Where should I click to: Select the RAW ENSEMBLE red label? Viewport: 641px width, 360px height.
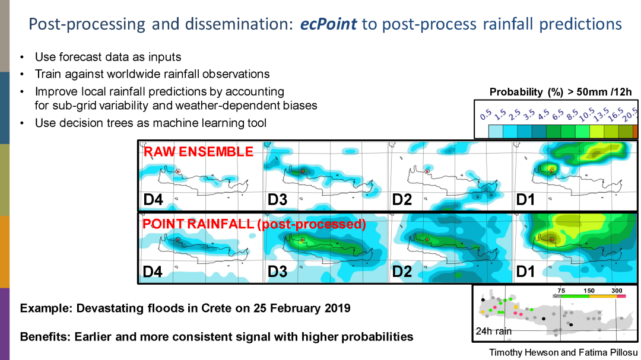198,152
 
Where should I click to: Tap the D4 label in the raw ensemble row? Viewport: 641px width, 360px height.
153,200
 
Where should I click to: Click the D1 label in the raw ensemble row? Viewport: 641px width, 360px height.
525,200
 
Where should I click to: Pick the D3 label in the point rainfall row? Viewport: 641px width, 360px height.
277,272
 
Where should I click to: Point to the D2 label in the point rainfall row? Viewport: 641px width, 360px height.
402,272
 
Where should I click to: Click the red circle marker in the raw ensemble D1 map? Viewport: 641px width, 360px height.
551,171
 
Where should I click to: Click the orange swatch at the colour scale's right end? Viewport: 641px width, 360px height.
635,131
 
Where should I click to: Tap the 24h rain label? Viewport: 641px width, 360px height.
494,331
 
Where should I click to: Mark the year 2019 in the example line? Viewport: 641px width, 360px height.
337,308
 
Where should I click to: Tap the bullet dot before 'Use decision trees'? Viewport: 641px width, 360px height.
23,123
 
